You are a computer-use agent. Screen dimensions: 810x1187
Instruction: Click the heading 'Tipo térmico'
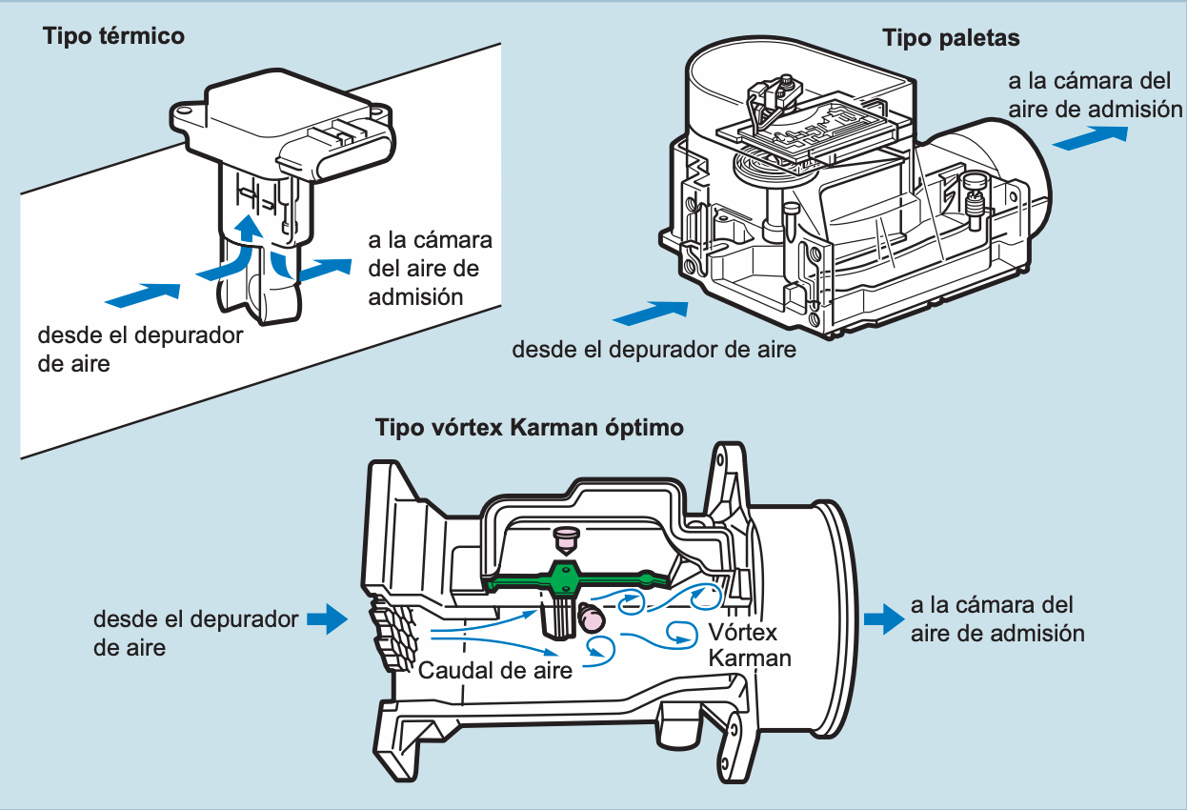click(113, 37)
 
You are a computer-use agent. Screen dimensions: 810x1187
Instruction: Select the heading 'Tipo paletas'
click(951, 38)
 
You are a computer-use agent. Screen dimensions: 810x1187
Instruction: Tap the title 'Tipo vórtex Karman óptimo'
click(530, 427)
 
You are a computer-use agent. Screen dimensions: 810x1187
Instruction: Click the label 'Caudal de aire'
click(495, 670)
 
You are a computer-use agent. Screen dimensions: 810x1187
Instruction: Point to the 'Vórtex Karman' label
click(750, 645)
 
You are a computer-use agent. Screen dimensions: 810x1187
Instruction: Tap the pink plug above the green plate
click(567, 538)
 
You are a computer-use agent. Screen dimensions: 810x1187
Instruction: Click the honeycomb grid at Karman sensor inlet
click(393, 631)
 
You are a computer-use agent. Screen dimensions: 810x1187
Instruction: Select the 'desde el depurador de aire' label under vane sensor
click(654, 349)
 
